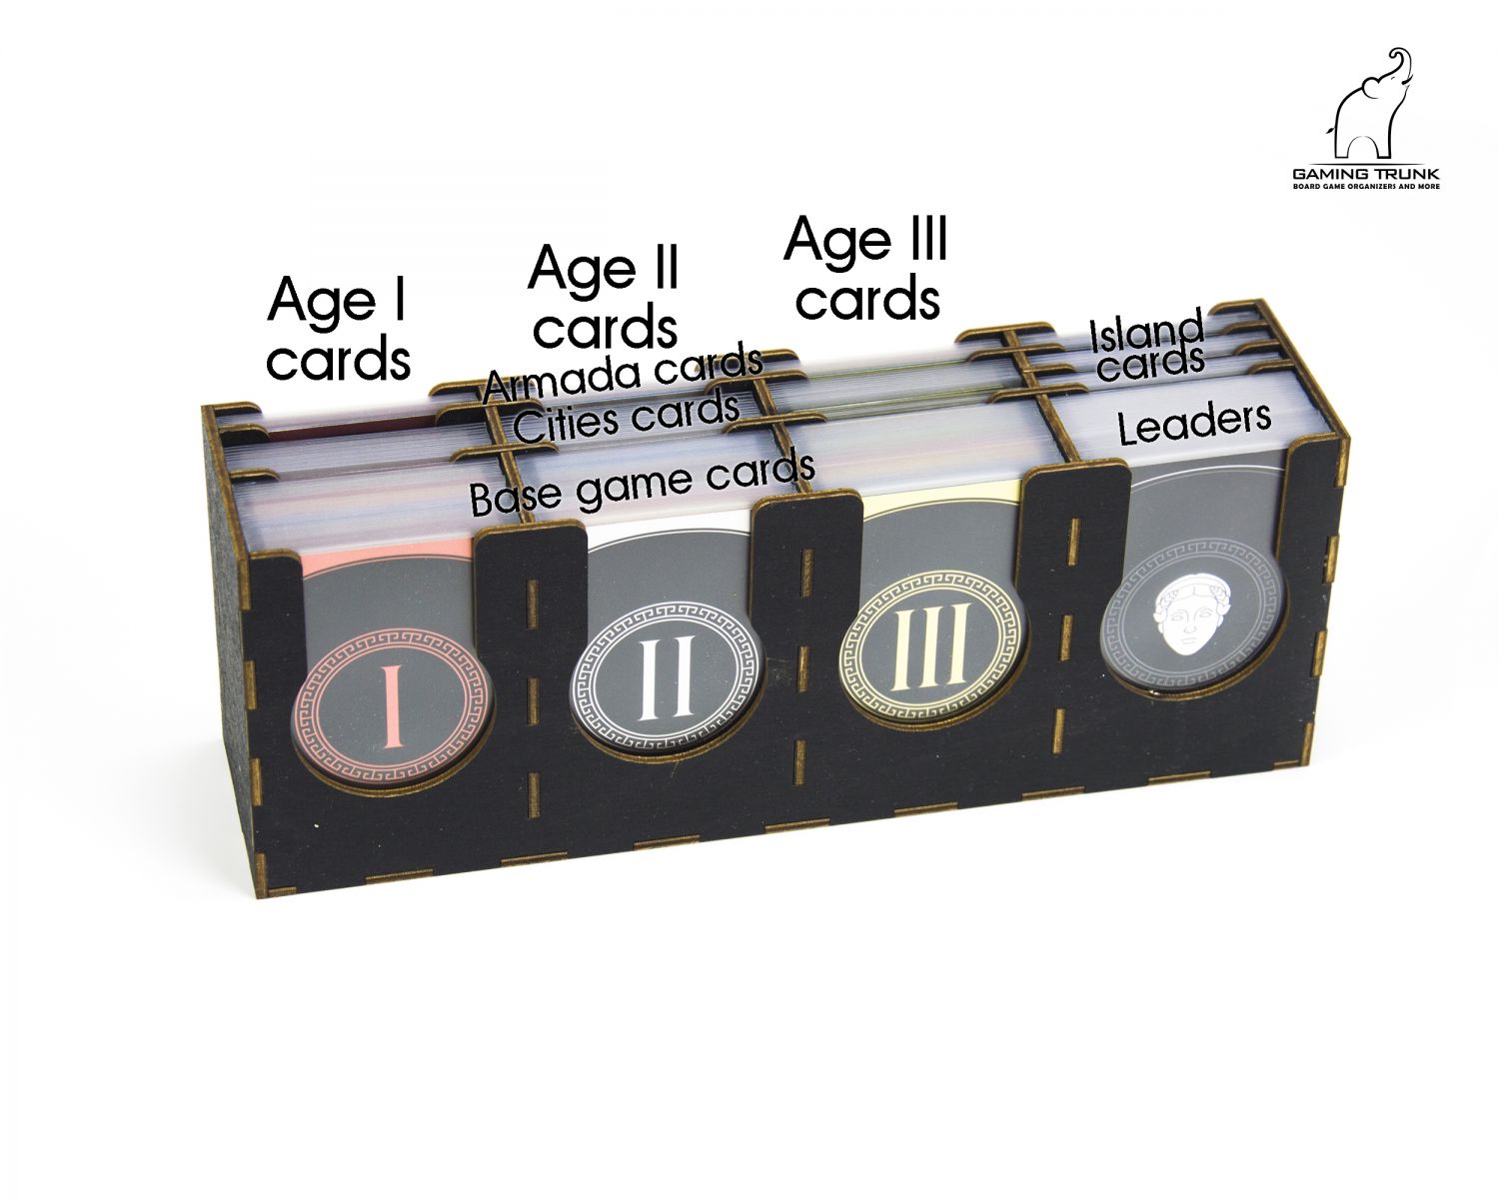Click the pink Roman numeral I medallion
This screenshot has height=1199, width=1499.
pyautogui.click(x=391, y=707)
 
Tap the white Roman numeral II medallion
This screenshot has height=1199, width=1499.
pyautogui.click(x=667, y=677)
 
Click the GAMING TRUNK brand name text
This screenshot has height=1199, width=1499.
pyautogui.click(x=1366, y=174)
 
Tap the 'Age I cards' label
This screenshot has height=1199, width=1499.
pyautogui.click(x=339, y=328)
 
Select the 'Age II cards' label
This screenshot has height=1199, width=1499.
pyautogui.click(x=604, y=296)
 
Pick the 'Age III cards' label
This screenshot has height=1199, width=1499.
pyautogui.click(x=866, y=268)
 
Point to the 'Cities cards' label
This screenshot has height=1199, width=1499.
pyautogui.click(x=626, y=418)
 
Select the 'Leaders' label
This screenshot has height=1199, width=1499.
pyautogui.click(x=1194, y=424)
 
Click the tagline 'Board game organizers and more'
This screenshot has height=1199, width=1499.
pyautogui.click(x=1366, y=187)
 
